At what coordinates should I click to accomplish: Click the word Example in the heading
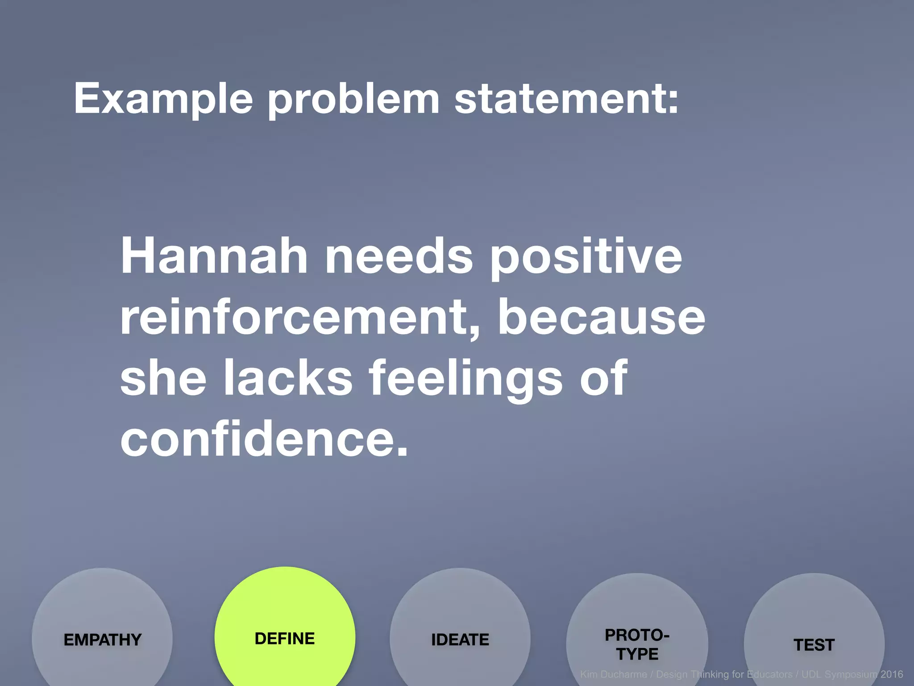pos(163,99)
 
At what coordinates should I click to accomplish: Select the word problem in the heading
pos(353,99)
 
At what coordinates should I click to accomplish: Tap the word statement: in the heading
pos(566,99)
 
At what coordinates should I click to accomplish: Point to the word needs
pos(399,256)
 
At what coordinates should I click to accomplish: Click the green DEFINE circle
pos(285,634)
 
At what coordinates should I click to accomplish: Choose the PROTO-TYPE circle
pos(637,643)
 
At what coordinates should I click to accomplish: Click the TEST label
pos(814,645)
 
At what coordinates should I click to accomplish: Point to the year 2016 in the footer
pos(891,674)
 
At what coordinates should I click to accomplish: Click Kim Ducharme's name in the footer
pos(613,674)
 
